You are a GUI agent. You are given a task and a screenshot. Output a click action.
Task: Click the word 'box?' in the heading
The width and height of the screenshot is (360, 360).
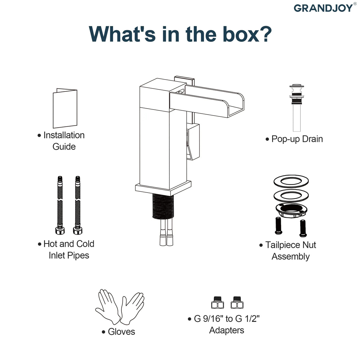tap(247, 34)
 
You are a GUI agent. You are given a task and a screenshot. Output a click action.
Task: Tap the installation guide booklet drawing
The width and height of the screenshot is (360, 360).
tap(65, 108)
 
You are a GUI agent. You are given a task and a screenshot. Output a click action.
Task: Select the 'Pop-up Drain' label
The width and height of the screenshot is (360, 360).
tap(297, 139)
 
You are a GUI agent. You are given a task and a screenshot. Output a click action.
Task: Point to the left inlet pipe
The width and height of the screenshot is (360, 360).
tap(60, 205)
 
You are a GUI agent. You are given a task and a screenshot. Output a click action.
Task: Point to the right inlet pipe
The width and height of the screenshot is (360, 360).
tap(78, 205)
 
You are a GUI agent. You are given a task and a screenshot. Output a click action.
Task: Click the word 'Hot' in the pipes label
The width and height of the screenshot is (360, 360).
tap(50, 244)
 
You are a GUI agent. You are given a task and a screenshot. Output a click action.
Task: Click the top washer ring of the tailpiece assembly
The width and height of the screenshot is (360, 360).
tap(291, 181)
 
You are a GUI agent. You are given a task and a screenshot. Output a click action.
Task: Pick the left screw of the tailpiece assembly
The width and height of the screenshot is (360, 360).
tap(278, 226)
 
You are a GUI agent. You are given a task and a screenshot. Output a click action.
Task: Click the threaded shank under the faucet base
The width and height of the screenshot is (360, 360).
tap(163, 206)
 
